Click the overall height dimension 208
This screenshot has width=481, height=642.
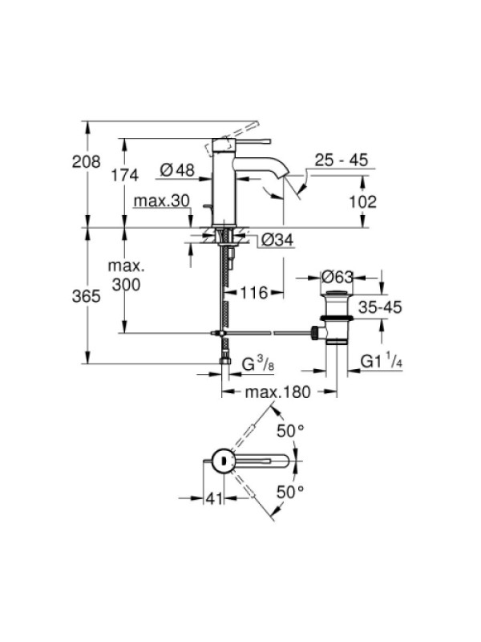pos(87,162)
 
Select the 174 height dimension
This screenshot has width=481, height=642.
pos(125,175)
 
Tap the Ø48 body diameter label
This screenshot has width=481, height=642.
pos(177,170)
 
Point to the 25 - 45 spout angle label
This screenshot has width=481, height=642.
pos(342,160)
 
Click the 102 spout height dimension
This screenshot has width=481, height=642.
pos(362,201)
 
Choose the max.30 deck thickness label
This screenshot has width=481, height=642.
pos(162,201)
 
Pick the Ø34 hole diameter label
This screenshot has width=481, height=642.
pos(277,239)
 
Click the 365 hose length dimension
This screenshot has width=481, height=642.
pos(87,295)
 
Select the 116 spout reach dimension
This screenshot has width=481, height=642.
pos(253,293)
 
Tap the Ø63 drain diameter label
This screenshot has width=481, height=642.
pos(337,277)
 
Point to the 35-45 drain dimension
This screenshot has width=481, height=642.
pos(380,307)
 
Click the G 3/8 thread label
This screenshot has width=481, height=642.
pos(257,364)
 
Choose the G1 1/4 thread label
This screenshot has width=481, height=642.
pos(382,362)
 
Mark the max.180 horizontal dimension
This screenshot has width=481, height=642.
pos(278,392)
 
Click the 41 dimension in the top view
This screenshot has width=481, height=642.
pos(214,498)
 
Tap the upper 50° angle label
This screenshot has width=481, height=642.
pos(290,431)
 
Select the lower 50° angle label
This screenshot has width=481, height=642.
pos(290,492)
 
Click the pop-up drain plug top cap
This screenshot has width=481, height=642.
pos(337,293)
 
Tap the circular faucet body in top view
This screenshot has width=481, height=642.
pos(223,461)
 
